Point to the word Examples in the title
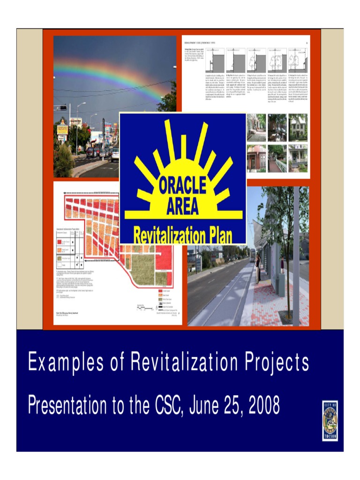coord(59,362)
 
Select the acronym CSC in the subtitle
coord(168,405)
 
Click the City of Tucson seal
coord(330,420)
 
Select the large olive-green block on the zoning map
coord(142,269)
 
